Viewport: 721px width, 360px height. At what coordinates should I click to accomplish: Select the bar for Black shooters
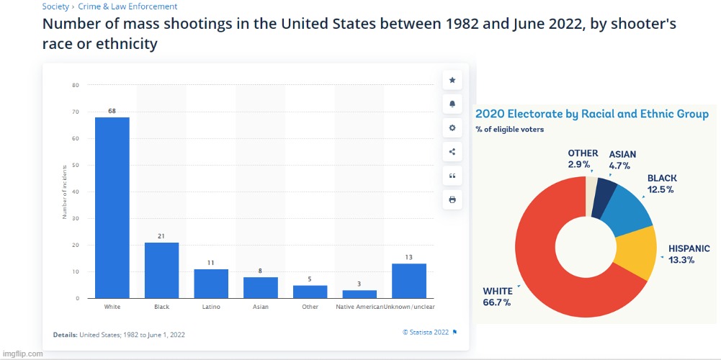161,270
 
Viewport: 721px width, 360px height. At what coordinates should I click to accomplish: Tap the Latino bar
211,284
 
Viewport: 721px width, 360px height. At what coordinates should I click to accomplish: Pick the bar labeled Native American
359,294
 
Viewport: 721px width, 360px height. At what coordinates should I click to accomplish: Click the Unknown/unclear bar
408,281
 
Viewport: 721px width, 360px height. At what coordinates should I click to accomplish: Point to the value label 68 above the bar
112,111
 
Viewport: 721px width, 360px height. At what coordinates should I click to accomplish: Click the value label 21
161,236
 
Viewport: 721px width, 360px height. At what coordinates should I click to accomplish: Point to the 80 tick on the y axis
75,86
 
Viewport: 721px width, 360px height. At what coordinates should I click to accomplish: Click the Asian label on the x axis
260,307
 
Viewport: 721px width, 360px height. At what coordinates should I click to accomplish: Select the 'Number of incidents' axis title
65,192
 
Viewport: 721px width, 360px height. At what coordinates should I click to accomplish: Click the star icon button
452,80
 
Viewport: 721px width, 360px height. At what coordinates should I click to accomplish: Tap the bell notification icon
452,104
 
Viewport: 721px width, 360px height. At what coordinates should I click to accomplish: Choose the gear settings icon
452,127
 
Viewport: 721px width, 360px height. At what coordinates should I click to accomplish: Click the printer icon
452,199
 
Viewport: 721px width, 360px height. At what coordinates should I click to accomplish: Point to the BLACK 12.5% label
661,184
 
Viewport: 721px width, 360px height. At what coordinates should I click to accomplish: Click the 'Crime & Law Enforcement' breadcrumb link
127,6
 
